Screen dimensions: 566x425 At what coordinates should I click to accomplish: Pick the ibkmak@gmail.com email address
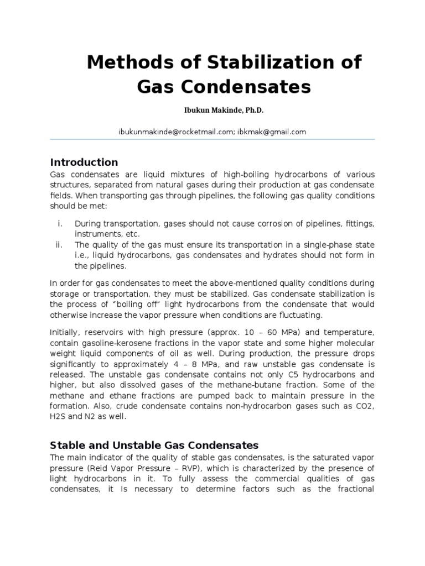point(271,132)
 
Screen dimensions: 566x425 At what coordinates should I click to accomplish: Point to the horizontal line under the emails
point(212,139)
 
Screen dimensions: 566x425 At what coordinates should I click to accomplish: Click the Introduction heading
point(84,162)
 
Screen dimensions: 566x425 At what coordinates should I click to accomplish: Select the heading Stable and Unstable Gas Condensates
point(154,445)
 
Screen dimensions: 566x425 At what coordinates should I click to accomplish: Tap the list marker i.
point(60,224)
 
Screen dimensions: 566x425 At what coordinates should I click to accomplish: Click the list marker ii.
point(60,245)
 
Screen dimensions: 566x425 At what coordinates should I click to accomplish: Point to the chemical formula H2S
point(59,417)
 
